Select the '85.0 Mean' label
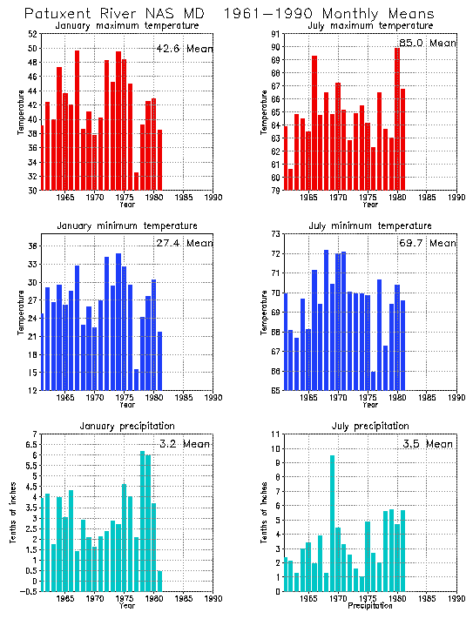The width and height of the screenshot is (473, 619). pyautogui.click(x=428, y=43)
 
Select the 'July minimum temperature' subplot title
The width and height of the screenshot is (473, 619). pyautogui.click(x=370, y=226)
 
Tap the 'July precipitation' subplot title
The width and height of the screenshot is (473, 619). pyautogui.click(x=370, y=426)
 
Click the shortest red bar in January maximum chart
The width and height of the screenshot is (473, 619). pyautogui.click(x=137, y=181)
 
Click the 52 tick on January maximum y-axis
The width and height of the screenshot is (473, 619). pyautogui.click(x=32, y=34)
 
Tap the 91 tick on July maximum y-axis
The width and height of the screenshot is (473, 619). pyautogui.click(x=274, y=34)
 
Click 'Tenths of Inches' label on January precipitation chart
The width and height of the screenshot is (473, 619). pyautogui.click(x=14, y=513)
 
